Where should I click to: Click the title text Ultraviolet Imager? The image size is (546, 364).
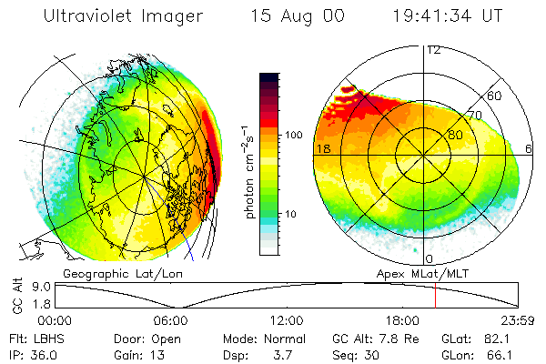click(x=123, y=16)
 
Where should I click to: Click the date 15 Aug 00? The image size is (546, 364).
click(x=298, y=16)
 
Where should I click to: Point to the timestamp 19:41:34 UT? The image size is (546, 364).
click(x=448, y=15)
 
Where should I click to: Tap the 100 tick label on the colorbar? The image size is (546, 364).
click(x=294, y=135)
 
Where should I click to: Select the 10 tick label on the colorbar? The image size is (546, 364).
click(x=290, y=214)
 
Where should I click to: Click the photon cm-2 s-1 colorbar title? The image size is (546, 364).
click(x=248, y=172)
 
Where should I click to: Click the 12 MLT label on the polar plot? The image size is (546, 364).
click(x=433, y=51)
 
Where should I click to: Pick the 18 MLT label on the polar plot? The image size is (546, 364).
click(x=323, y=148)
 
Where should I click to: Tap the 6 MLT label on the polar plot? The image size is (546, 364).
click(x=529, y=148)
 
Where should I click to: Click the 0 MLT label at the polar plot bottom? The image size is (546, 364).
click(x=429, y=259)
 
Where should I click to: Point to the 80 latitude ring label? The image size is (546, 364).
click(x=455, y=135)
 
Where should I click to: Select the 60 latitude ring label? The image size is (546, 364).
click(x=494, y=96)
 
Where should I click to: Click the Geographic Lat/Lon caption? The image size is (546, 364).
click(x=123, y=274)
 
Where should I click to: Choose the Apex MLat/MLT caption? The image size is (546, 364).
click(x=422, y=274)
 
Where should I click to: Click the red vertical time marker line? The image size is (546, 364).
click(x=435, y=296)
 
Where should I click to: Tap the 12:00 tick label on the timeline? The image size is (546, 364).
click(x=287, y=320)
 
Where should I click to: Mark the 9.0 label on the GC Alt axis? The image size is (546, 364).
click(x=42, y=287)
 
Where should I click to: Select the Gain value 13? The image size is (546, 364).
click(x=157, y=355)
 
